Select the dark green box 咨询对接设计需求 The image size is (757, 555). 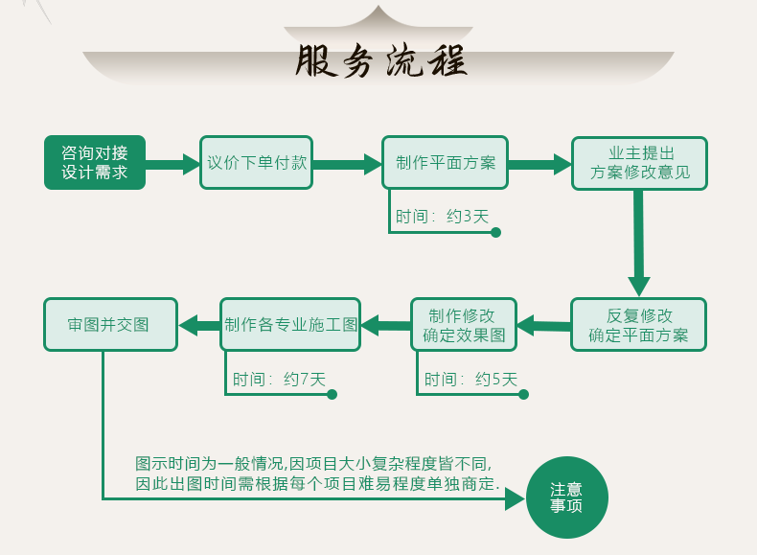pyautogui.click(x=93, y=162)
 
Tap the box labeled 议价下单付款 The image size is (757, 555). pyautogui.click(x=257, y=163)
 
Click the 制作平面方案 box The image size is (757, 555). pyautogui.click(x=446, y=163)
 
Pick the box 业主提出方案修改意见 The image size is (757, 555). pyautogui.click(x=639, y=163)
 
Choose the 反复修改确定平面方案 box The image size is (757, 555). pyautogui.click(x=638, y=325)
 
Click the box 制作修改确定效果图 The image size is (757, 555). pyautogui.click(x=464, y=325)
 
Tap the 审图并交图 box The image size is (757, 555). pyautogui.click(x=111, y=324)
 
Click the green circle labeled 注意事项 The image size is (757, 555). pyautogui.click(x=567, y=497)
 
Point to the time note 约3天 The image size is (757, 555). pyautogui.click(x=469, y=217)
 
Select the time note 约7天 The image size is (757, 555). pyautogui.click(x=305, y=379)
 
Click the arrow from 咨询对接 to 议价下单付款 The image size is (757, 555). pyautogui.click(x=170, y=164)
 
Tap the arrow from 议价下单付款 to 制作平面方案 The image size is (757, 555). pyautogui.click(x=347, y=164)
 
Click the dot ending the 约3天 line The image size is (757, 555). pyautogui.click(x=495, y=232)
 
